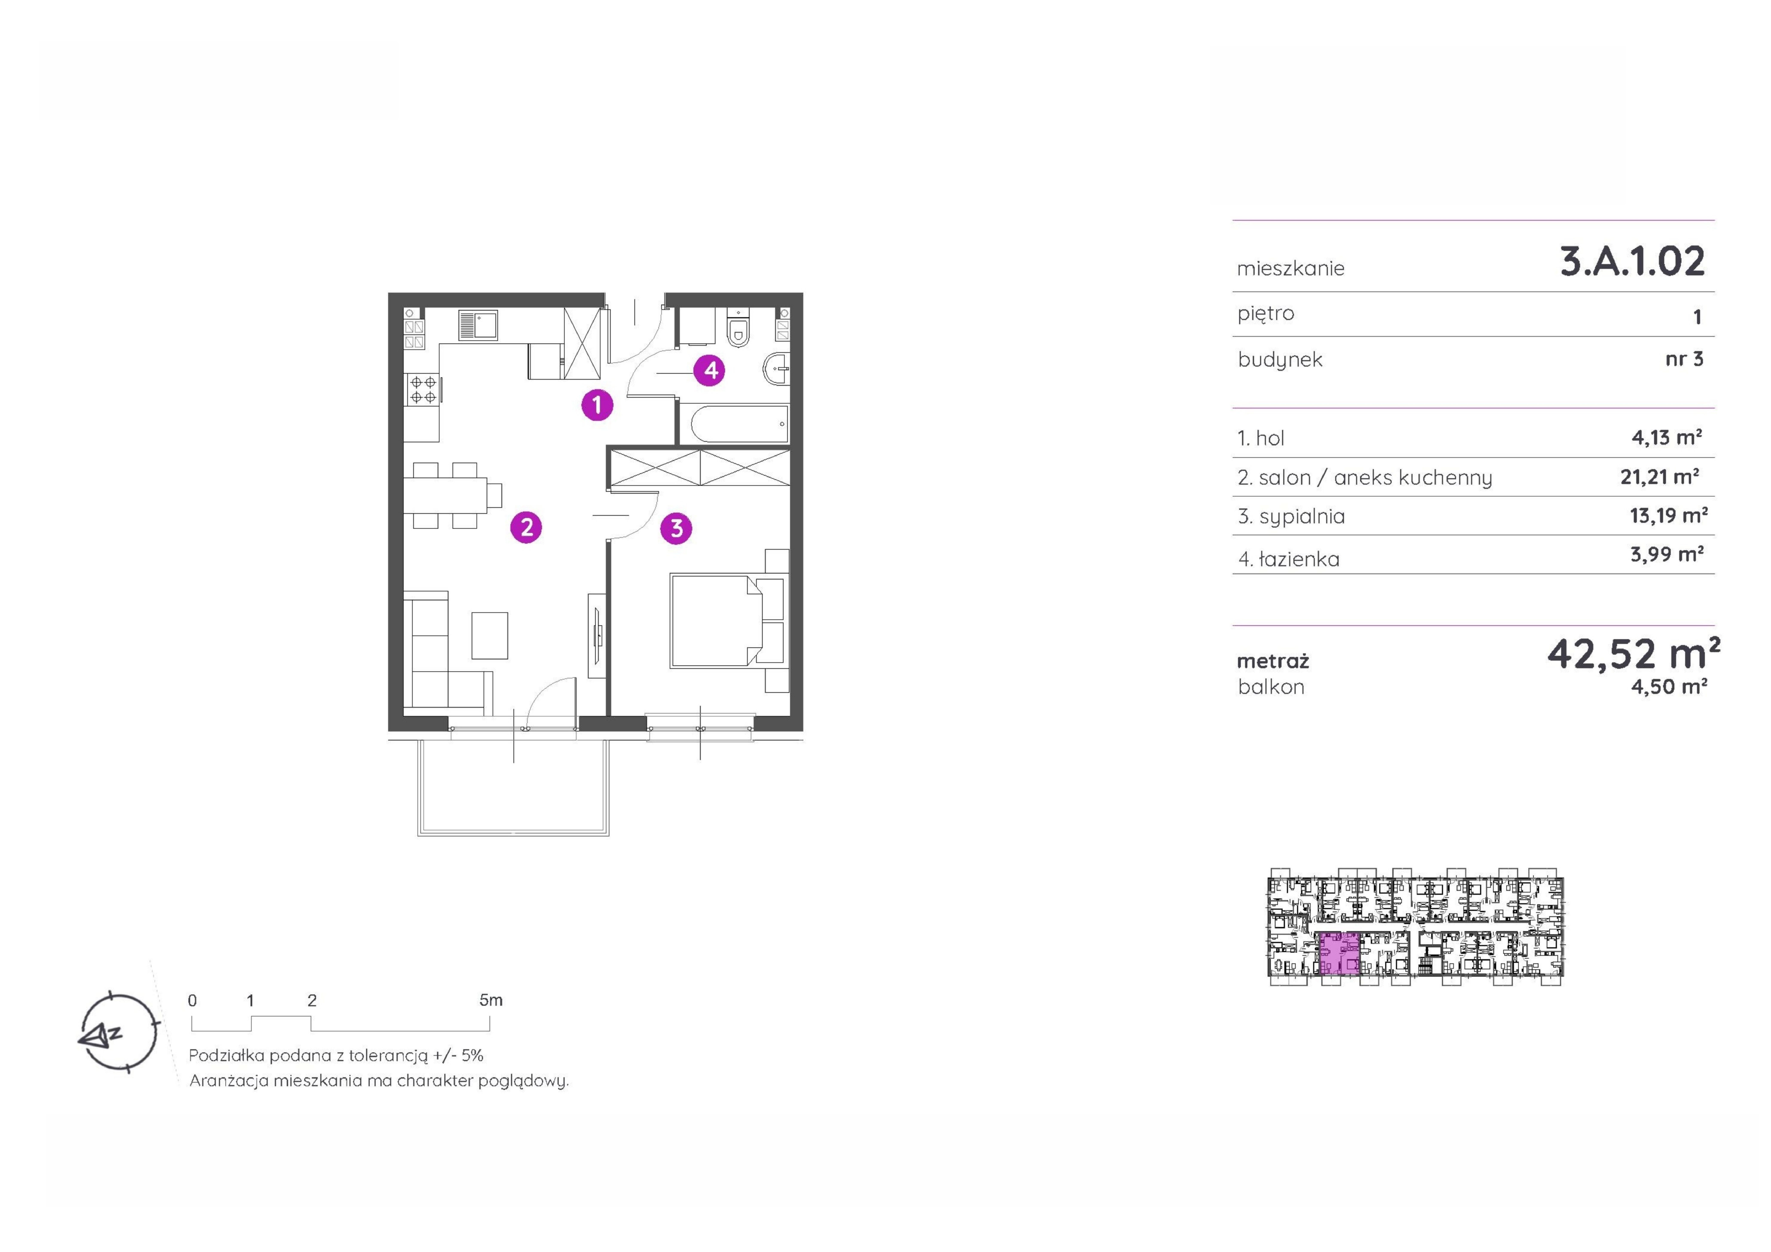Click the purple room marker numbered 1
(597, 405)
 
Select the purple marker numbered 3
(676, 528)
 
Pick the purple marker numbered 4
(710, 370)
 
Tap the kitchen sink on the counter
(477, 325)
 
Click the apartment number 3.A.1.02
(1632, 261)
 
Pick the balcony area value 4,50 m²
(1668, 687)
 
